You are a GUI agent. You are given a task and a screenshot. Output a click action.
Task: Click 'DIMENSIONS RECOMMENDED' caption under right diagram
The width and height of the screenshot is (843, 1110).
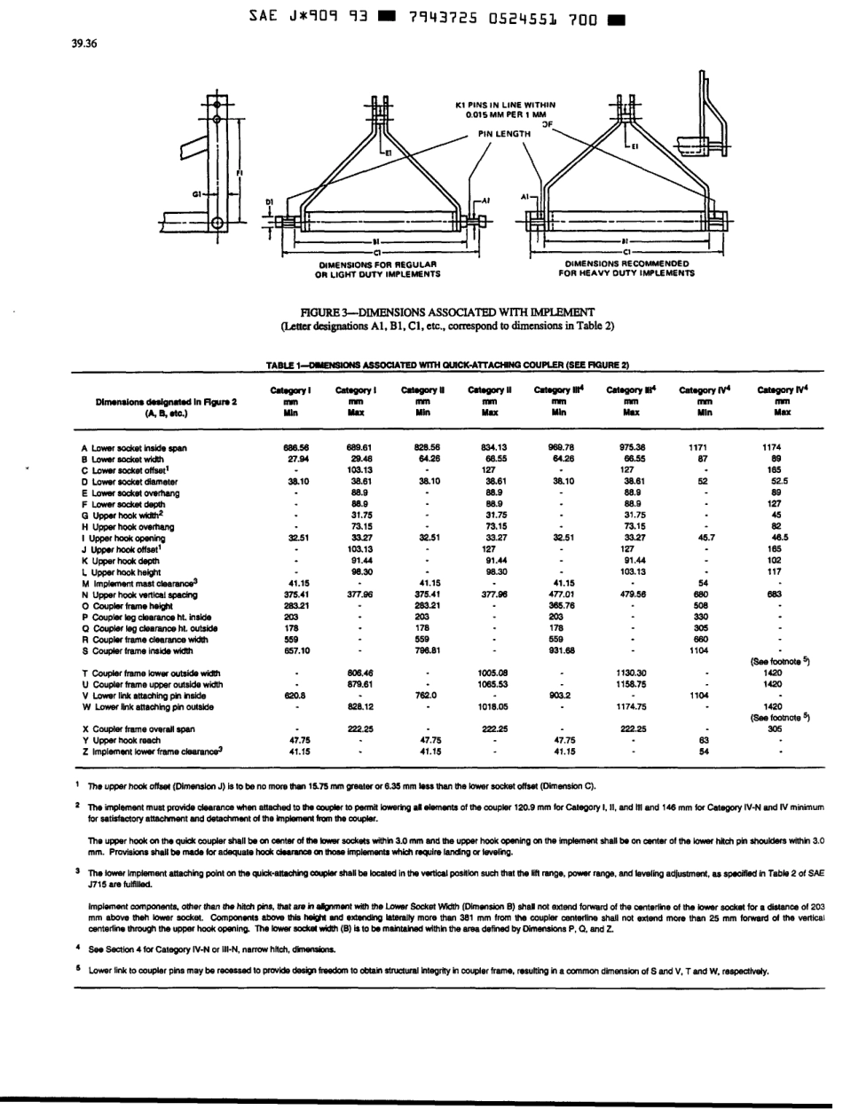(626, 263)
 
